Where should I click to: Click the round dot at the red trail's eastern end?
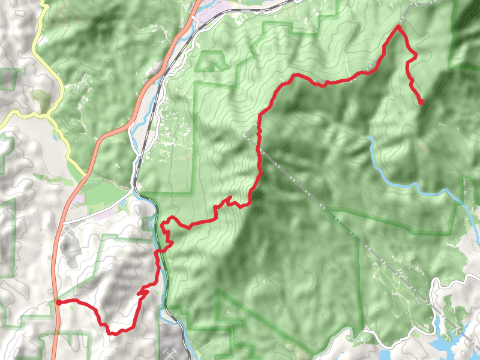click(x=421, y=103)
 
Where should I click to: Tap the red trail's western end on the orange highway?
click(x=58, y=302)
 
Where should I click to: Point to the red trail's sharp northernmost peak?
click(x=398, y=26)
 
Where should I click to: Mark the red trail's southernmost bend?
click(x=110, y=332)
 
